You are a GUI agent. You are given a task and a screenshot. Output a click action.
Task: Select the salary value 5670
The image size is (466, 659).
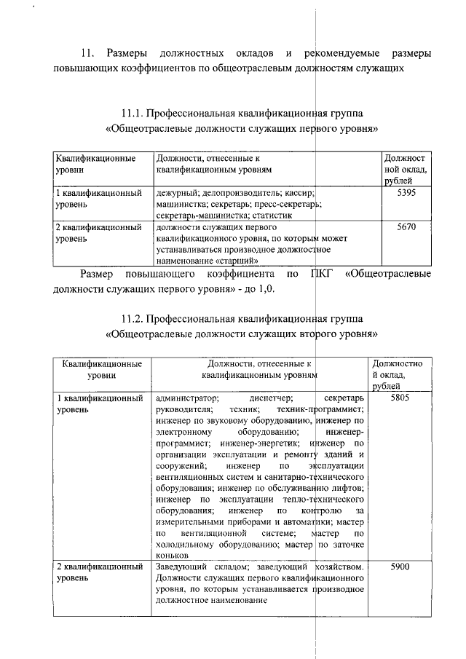click(405, 226)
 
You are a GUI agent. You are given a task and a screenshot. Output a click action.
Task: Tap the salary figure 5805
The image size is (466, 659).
click(402, 398)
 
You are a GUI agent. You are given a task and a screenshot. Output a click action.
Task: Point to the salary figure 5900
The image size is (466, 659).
click(402, 566)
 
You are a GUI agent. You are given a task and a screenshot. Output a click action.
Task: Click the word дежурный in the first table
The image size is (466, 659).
click(173, 193)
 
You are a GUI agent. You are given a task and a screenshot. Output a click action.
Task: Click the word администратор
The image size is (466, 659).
click(187, 398)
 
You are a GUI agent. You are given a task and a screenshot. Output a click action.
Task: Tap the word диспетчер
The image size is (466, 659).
click(271, 398)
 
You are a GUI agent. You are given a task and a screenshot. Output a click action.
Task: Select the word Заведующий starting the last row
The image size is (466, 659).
click(181, 566)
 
